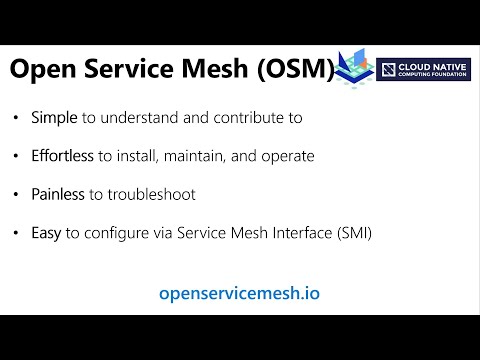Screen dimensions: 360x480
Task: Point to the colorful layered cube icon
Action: (x=355, y=65)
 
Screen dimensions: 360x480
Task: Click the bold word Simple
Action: (x=54, y=118)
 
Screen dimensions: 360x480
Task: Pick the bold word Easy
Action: (x=47, y=233)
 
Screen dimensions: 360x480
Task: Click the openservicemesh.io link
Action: (x=240, y=293)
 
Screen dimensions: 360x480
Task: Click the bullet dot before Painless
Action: (x=16, y=194)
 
